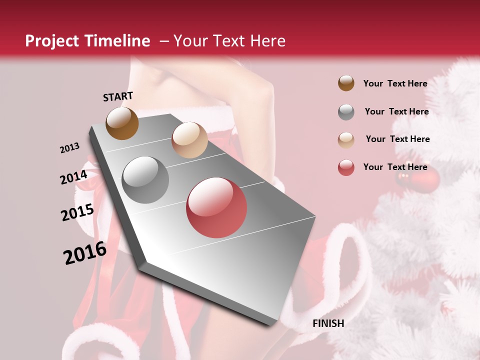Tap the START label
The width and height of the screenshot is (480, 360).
[118, 96]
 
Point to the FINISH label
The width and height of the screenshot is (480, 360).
[328, 323]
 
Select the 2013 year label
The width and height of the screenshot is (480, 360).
[69, 148]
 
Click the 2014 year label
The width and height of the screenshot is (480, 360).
[73, 177]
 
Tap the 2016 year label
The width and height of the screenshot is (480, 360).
[85, 252]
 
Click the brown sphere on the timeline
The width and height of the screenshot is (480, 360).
[122, 123]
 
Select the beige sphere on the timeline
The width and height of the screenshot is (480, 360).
[189, 140]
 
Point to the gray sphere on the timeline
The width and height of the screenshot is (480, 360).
[145, 180]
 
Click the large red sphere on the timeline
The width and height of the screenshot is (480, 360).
[216, 207]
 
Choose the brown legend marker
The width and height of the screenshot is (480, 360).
[346, 83]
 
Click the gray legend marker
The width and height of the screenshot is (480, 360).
[346, 112]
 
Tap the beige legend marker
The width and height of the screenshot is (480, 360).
[346, 139]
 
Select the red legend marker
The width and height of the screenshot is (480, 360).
[346, 167]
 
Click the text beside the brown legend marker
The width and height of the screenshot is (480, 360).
[395, 83]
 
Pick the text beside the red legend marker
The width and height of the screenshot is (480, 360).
[395, 167]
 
